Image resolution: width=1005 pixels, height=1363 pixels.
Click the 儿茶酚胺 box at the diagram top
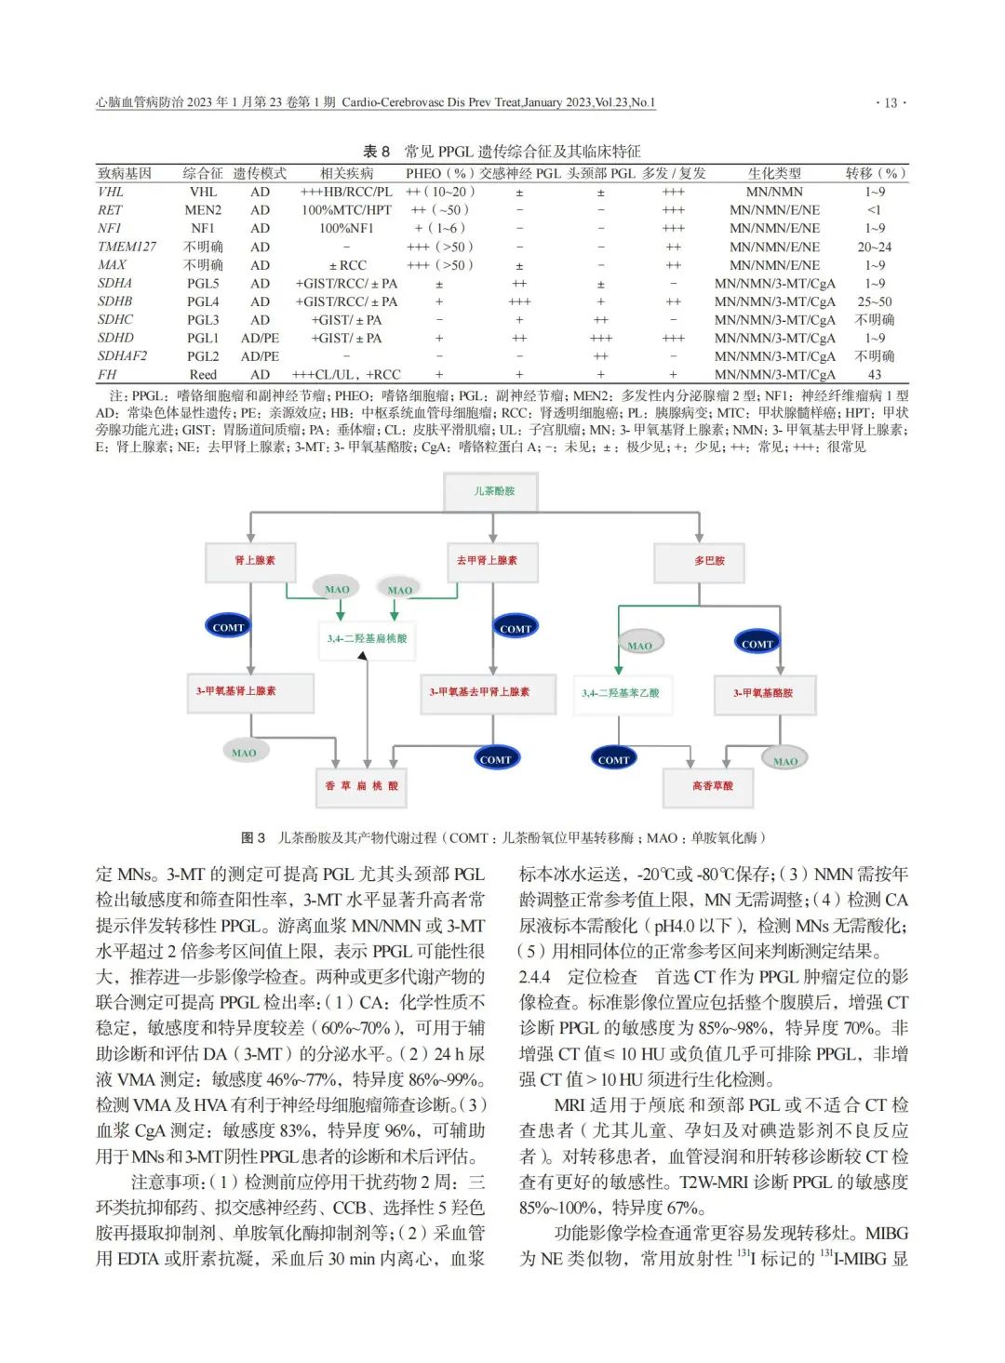point(493,491)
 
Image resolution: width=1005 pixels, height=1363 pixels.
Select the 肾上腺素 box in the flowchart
point(254,560)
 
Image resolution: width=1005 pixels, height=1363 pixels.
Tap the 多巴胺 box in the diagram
point(709,561)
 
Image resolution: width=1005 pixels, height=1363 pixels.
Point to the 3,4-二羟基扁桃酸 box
point(368,639)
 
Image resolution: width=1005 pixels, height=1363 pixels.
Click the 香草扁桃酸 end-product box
point(361,786)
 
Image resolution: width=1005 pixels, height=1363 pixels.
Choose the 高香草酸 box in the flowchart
point(712,786)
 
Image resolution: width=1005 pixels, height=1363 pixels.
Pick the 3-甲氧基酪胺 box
point(763,693)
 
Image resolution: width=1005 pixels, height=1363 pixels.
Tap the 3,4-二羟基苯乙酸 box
point(621,693)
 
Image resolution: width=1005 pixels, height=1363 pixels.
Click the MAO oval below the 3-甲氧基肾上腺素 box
point(244,753)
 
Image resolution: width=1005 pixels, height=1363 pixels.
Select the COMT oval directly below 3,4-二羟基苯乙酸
point(613,759)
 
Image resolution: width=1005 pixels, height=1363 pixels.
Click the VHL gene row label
point(111,192)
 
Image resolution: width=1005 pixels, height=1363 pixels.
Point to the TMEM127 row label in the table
point(127,247)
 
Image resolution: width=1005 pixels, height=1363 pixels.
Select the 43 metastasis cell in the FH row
point(874,374)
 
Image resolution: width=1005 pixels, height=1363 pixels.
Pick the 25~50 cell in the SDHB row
point(874,301)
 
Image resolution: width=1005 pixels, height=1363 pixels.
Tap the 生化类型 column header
point(774,173)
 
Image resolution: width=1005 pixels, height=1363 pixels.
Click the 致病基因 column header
point(125,173)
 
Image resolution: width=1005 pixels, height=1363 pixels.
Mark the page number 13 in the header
point(891,103)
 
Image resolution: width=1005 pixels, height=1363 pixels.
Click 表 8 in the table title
point(376,152)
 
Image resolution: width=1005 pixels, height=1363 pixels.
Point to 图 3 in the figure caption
point(253,837)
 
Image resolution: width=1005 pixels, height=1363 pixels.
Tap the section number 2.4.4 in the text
point(534,977)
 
